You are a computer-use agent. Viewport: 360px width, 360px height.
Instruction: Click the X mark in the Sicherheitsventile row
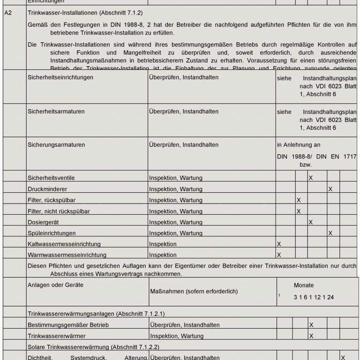[x=311, y=178]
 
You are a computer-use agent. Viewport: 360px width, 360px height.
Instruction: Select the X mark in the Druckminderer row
[x=330, y=189]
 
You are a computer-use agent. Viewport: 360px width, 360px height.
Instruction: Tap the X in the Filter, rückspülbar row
[x=299, y=200]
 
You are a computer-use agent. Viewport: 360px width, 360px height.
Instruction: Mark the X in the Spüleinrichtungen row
[x=330, y=233]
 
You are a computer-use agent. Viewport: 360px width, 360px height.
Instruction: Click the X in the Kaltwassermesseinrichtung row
[x=279, y=244]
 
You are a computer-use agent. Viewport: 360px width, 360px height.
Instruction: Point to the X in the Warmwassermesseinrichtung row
[x=279, y=255]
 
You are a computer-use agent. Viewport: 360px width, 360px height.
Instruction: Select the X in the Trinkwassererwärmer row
[x=311, y=336]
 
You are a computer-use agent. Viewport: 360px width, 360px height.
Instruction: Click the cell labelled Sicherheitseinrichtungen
[x=60, y=77]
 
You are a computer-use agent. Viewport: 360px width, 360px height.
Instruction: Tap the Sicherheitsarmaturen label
[x=57, y=112]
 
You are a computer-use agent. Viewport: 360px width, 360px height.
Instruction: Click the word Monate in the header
[x=304, y=285]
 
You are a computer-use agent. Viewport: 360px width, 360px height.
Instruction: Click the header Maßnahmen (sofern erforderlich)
[x=194, y=292]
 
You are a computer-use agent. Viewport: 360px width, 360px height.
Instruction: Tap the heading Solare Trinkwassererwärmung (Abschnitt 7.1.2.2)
[x=93, y=347]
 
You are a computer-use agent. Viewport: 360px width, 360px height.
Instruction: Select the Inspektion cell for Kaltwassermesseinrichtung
[x=163, y=244]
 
